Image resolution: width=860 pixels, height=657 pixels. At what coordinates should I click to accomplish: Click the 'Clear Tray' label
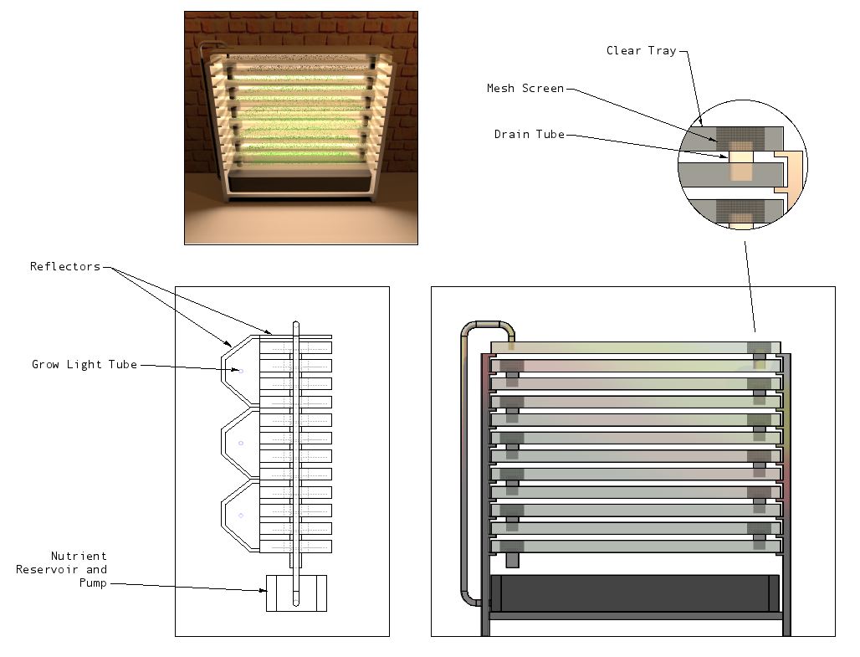point(641,50)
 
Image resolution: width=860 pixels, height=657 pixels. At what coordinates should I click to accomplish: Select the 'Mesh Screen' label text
point(525,88)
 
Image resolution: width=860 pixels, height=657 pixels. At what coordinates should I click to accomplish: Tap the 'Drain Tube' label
point(530,134)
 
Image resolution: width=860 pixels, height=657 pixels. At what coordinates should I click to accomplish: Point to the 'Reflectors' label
point(65,266)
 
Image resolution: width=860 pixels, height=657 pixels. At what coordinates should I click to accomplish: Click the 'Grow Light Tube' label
point(84,364)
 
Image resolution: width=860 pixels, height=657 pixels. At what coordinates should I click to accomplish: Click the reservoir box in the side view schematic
point(296,593)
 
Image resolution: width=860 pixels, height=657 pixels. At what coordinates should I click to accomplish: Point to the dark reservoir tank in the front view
point(634,593)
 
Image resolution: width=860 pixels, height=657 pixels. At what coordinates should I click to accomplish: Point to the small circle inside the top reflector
point(241,371)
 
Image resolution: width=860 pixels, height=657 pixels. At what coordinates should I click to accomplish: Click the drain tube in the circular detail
point(740,166)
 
